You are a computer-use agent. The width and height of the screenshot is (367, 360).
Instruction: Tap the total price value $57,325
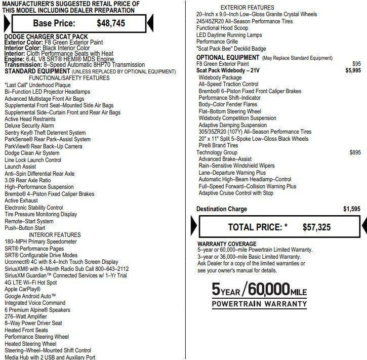pyautogui.click(x=316, y=227)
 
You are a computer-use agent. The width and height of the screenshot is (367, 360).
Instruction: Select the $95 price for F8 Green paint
pyautogui.click(x=356, y=64)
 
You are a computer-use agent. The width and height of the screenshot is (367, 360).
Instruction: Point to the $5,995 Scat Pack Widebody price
pyautogui.click(x=353, y=71)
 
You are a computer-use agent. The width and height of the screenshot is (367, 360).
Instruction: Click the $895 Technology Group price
pyautogui.click(x=355, y=152)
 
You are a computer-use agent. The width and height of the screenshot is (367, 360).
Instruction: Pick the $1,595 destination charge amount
pyautogui.click(x=352, y=209)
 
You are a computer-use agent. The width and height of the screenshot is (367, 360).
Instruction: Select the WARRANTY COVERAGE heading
pyautogui.click(x=227, y=244)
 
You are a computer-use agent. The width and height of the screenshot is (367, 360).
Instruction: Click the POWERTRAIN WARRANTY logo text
pyautogui.click(x=259, y=304)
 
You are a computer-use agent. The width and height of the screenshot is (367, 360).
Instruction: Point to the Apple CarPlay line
pyautogui.click(x=22, y=289)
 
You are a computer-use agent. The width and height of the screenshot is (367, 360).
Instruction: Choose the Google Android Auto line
pyautogui.click(x=30, y=296)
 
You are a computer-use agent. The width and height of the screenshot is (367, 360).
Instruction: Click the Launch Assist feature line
pyautogui.click(x=20, y=167)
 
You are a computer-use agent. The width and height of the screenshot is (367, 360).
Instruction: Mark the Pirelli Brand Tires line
pyautogui.click(x=218, y=146)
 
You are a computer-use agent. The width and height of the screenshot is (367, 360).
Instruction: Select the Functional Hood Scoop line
pyautogui.click(x=222, y=28)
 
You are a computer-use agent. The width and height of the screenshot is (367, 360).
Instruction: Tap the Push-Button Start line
pyautogui.click(x=25, y=228)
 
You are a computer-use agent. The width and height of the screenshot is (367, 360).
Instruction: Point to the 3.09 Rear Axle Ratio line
pyautogui.click(x=28, y=180)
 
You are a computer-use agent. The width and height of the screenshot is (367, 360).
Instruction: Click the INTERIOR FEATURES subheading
pyautogui.click(x=55, y=235)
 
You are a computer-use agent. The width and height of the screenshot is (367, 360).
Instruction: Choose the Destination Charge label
pyautogui.click(x=222, y=209)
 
